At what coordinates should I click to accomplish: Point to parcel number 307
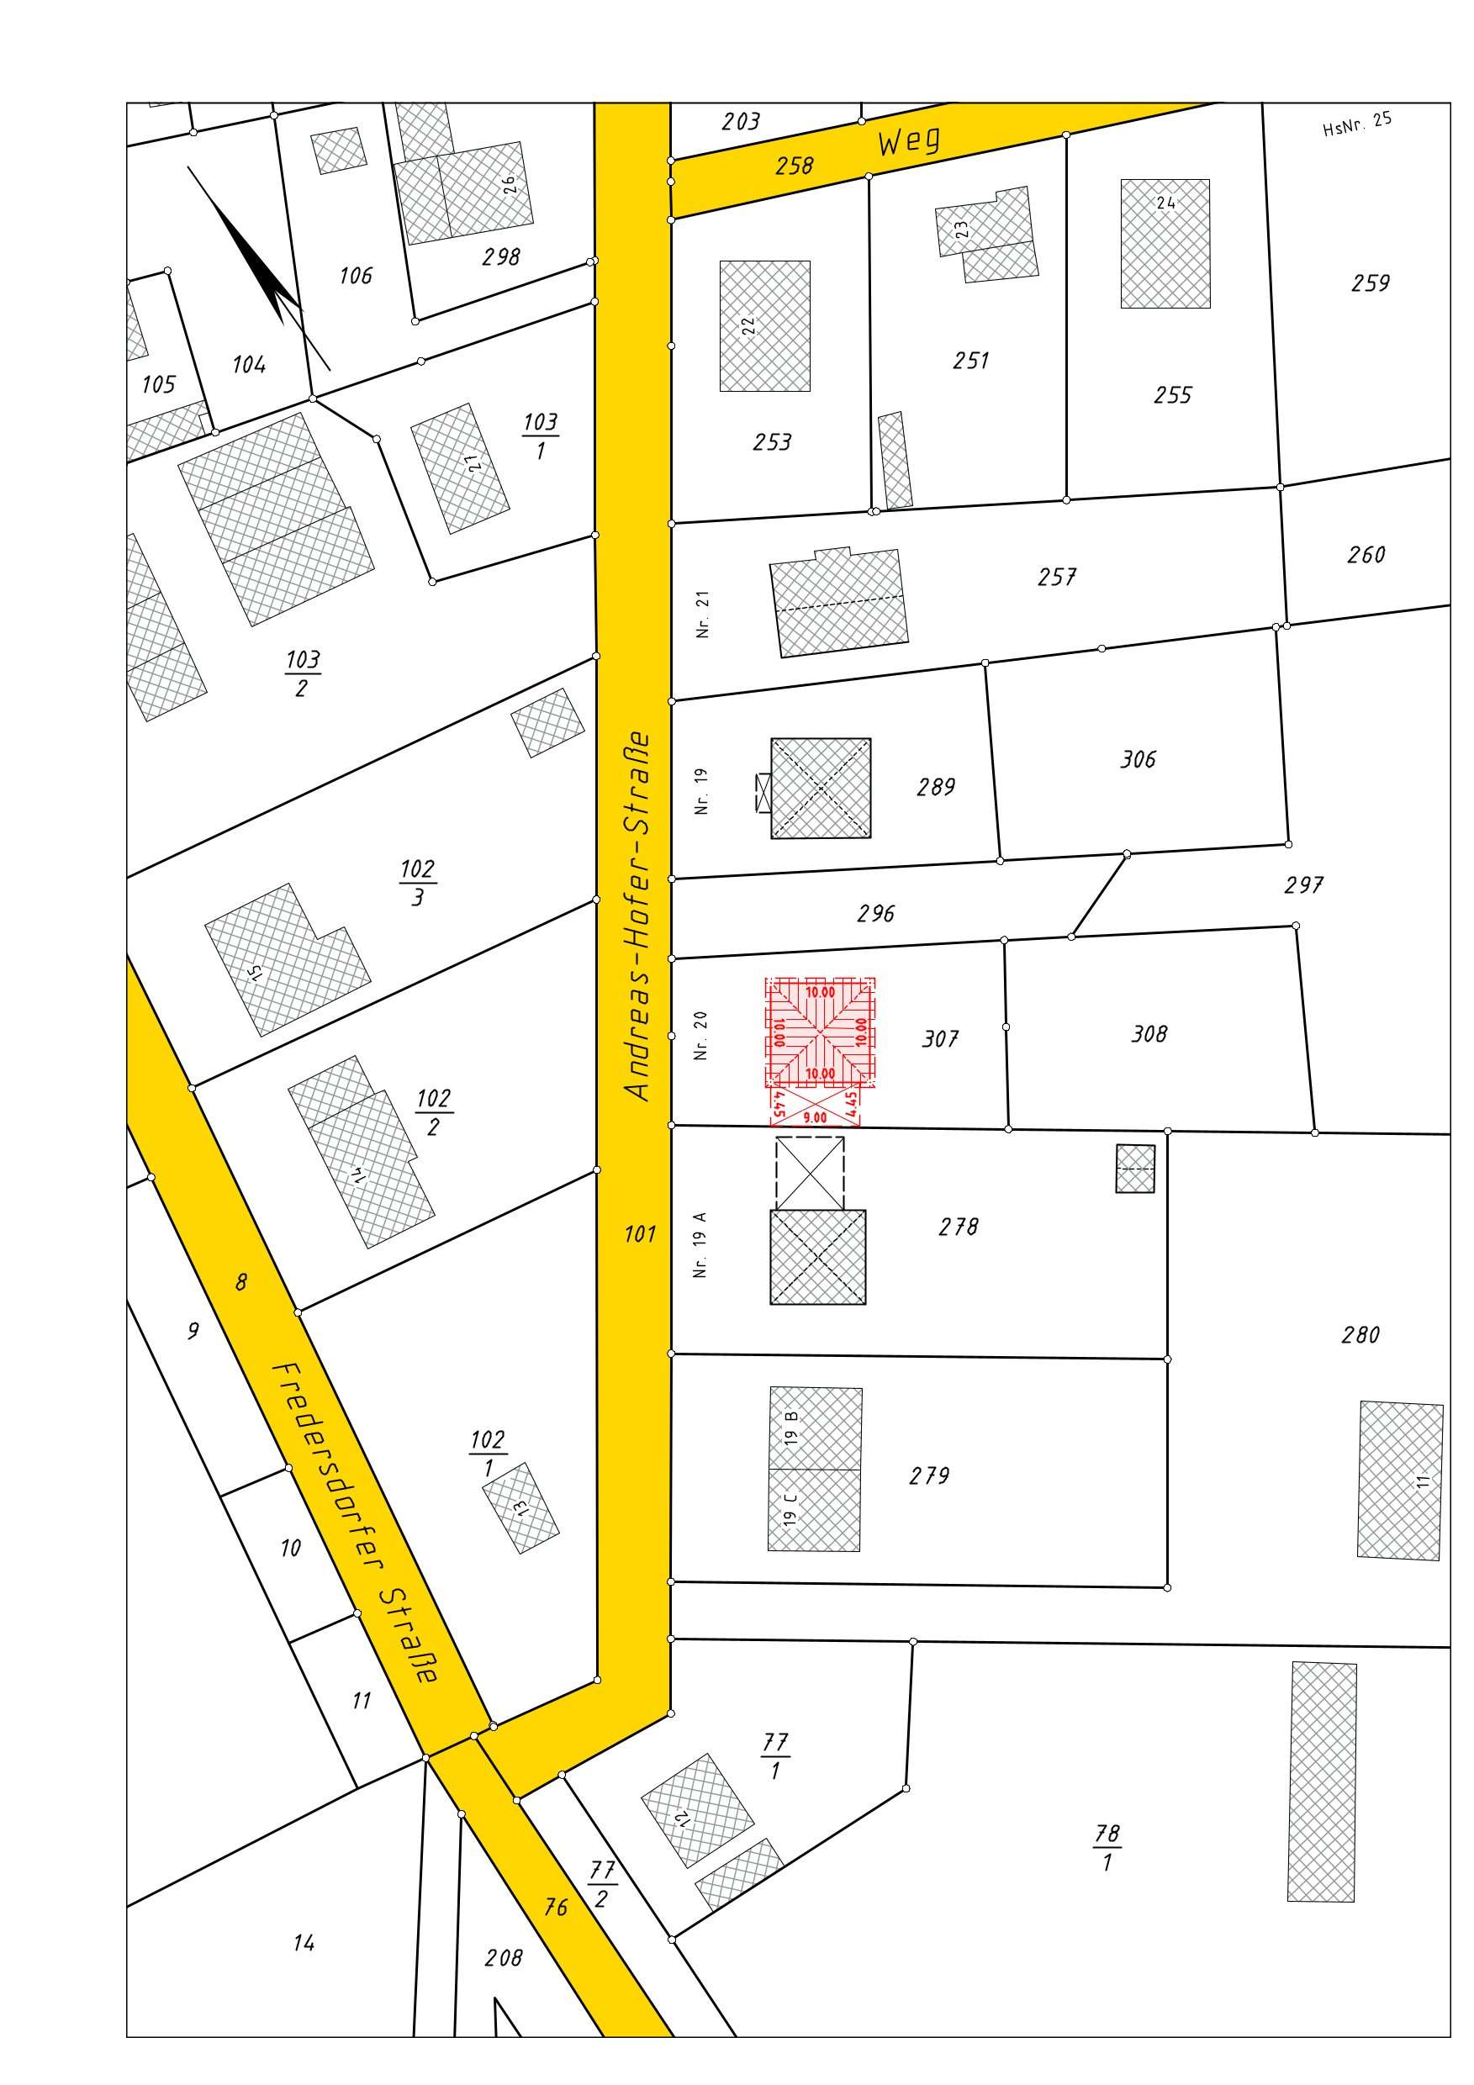click(x=940, y=1038)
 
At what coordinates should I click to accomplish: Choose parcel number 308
click(x=1149, y=1033)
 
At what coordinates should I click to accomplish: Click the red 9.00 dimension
click(x=815, y=1118)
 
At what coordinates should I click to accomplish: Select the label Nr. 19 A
click(x=700, y=1244)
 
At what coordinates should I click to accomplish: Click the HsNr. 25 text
click(x=1357, y=124)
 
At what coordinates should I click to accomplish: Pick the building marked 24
click(x=1165, y=243)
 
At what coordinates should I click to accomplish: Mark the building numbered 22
click(x=764, y=326)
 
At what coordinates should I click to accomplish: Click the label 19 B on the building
click(x=792, y=1428)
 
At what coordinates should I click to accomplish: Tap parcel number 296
click(x=875, y=914)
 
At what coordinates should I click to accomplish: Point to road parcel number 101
click(x=639, y=1233)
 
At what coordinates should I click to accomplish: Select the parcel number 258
click(x=794, y=166)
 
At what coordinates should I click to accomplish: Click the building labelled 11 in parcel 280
click(x=1399, y=1481)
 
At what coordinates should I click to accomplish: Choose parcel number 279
click(x=929, y=1475)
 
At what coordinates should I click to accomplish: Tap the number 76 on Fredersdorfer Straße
click(x=556, y=1907)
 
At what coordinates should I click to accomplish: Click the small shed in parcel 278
click(x=1134, y=1168)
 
